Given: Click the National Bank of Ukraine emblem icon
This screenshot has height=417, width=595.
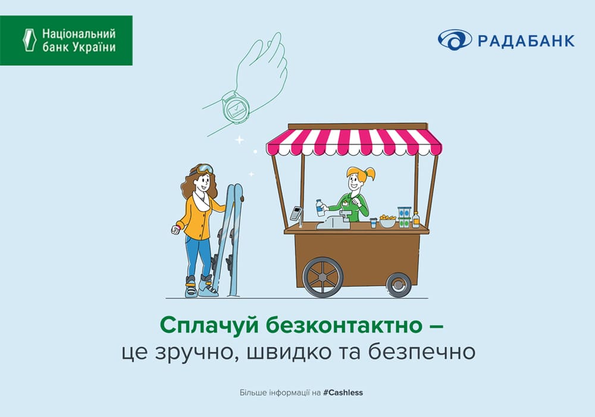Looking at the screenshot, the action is [x=29, y=40].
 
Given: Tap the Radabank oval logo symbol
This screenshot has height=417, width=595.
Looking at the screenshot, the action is [x=455, y=40].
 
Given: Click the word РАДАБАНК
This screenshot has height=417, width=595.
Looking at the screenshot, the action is [x=527, y=41].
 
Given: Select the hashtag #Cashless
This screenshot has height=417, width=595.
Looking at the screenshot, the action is [x=343, y=393].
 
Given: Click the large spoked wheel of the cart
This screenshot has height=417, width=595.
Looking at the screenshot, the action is [x=322, y=277].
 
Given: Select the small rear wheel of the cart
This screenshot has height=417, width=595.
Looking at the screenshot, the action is [x=399, y=285].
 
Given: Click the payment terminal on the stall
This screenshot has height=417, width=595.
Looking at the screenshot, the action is [x=296, y=213].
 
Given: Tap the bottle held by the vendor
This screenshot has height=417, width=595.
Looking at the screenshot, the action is [x=320, y=208].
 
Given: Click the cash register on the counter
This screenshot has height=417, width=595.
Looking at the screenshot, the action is [x=334, y=221].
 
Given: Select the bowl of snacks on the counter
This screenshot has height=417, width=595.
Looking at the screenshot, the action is [x=387, y=221].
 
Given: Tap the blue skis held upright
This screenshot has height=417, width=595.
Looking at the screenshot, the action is [x=228, y=239].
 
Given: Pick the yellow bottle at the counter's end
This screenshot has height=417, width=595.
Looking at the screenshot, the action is [x=416, y=220].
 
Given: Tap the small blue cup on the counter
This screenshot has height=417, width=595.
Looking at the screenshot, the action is [x=374, y=223].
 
